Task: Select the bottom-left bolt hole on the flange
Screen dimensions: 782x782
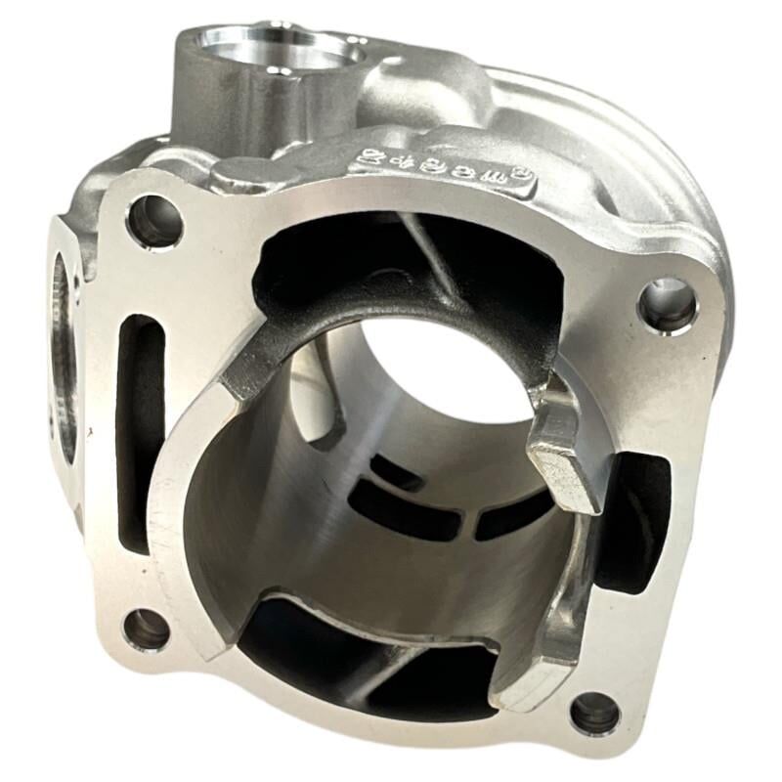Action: point(147,629)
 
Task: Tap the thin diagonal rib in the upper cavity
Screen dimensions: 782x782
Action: point(430,256)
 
